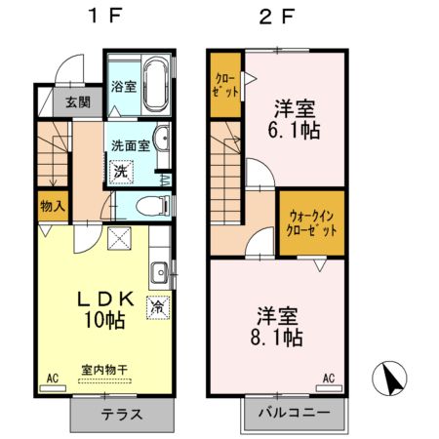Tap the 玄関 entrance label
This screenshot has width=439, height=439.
point(78,100)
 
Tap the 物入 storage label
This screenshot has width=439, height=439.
point(54,206)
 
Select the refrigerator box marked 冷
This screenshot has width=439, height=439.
point(156,306)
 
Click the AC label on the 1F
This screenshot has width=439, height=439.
point(52,375)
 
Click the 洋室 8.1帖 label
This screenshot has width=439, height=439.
point(279,326)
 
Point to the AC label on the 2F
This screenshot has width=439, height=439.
point(329,378)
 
